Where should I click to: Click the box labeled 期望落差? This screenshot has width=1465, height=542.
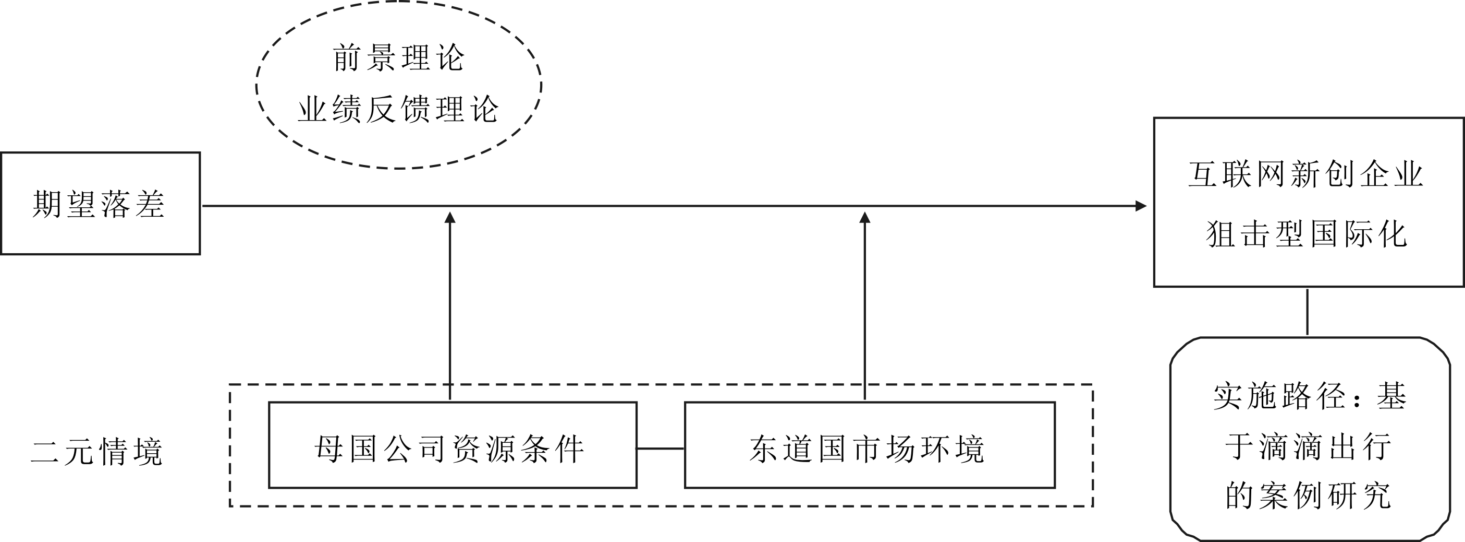point(100,203)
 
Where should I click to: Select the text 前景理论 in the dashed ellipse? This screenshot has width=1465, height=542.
point(399,58)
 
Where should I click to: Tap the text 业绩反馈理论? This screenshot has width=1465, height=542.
point(399,109)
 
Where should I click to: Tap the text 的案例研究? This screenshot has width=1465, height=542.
point(1308,495)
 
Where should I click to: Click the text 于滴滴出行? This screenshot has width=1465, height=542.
point(1308,446)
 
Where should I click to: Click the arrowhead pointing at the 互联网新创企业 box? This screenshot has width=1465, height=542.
point(1140,206)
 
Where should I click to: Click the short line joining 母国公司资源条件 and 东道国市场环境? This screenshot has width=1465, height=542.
point(660,449)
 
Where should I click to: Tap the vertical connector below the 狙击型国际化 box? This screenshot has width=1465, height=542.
point(1308,312)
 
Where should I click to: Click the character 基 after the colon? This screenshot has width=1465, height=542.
point(1391,396)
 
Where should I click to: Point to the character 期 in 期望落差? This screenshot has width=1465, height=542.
point(46,204)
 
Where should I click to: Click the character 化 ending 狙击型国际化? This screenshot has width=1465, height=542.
point(1392,233)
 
